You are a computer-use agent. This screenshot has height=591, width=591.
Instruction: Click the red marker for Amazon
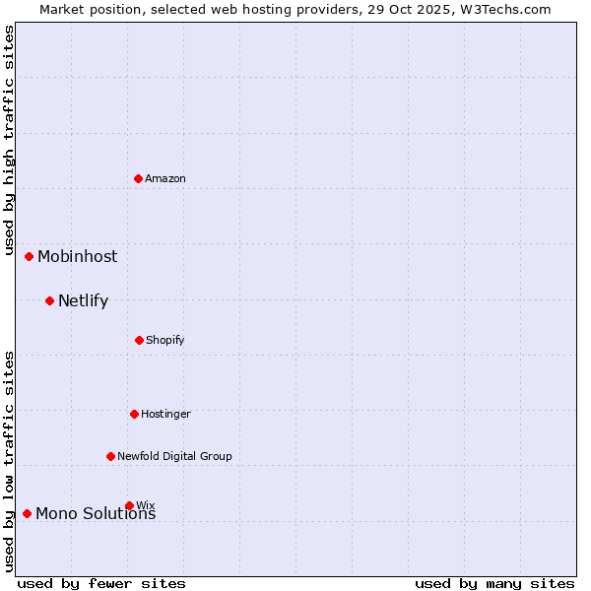click(x=139, y=178)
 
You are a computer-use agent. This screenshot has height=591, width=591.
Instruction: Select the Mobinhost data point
click(x=30, y=256)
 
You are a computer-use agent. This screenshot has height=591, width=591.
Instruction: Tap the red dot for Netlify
click(x=50, y=300)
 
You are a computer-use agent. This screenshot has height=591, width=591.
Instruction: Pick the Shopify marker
click(x=140, y=340)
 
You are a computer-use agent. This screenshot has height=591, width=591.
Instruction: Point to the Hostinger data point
click(x=135, y=414)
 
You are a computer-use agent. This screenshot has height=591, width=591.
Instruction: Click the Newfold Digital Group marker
click(x=111, y=456)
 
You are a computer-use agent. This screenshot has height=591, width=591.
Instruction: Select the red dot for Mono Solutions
click(x=28, y=513)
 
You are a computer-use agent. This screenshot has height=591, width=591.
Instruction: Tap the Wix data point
click(x=129, y=505)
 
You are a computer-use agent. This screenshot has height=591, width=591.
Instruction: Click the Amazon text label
click(x=165, y=178)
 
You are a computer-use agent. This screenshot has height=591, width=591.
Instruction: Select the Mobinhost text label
click(x=77, y=256)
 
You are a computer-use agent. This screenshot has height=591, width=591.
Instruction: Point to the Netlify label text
click(x=83, y=300)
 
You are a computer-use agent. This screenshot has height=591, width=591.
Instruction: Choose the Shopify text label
click(x=165, y=340)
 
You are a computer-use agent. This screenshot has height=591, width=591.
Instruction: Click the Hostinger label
click(x=165, y=414)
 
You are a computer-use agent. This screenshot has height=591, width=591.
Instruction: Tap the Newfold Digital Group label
click(x=174, y=456)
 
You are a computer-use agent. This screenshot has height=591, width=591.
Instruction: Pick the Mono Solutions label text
click(x=96, y=514)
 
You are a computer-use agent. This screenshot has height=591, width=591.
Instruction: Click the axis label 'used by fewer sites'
click(x=101, y=583)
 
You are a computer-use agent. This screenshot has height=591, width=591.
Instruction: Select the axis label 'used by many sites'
click(x=494, y=583)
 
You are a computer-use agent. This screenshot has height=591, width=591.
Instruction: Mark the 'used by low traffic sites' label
click(x=9, y=461)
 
